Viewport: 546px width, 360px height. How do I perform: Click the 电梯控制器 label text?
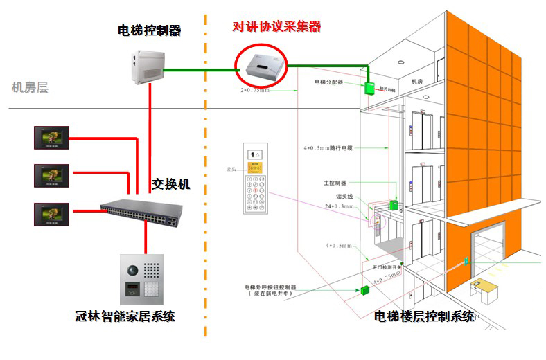[149, 30]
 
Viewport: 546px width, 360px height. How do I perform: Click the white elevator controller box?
[148, 66]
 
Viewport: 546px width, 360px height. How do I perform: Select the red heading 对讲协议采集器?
[276, 27]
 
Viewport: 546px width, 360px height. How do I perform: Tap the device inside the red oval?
[261, 64]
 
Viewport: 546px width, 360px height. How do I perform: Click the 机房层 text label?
[30, 87]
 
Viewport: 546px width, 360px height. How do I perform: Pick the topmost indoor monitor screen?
[51, 138]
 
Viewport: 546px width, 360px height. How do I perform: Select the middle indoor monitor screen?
[51, 175]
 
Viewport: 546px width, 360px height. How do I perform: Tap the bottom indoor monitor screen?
[51, 213]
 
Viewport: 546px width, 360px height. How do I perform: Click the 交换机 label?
[170, 185]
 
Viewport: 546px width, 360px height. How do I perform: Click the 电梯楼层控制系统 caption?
[424, 317]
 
